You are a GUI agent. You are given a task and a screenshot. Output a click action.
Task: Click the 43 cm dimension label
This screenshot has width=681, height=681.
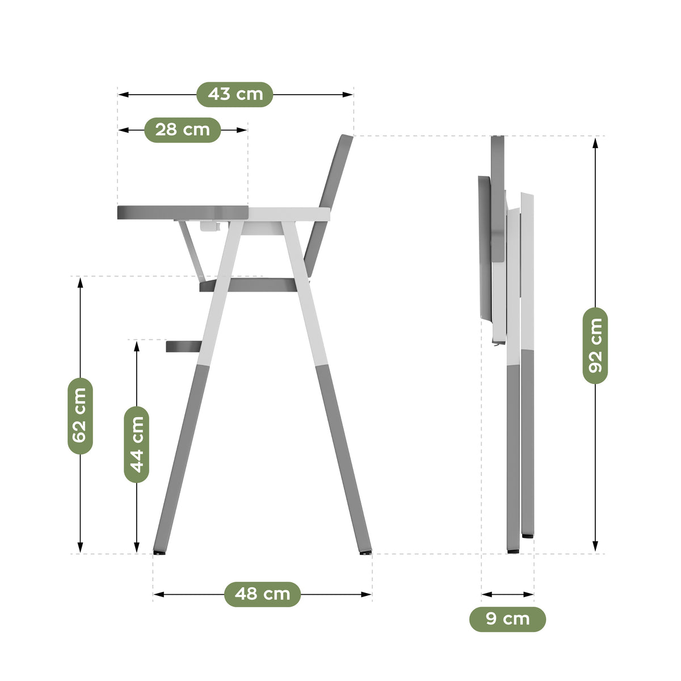pyautogui.click(x=234, y=94)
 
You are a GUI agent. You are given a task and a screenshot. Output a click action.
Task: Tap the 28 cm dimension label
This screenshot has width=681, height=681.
pyautogui.click(x=182, y=130)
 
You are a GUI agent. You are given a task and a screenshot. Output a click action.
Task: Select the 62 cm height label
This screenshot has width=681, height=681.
pyautogui.click(x=80, y=415)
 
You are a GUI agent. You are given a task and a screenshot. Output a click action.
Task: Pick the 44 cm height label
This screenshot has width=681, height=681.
pyautogui.click(x=136, y=444)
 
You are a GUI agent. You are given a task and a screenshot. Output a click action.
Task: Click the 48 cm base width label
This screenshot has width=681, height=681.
pyautogui.click(x=262, y=594)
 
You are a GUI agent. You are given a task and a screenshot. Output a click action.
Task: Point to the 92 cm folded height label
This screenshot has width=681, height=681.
pyautogui.click(x=595, y=346)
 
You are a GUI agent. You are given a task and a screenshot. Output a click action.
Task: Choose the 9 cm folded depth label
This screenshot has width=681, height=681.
pyautogui.click(x=507, y=619)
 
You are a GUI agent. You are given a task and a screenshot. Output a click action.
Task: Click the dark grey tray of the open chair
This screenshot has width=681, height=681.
pyautogui.click(x=183, y=212)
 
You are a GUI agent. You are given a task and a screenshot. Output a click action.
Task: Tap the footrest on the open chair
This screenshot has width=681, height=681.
pyautogui.click(x=184, y=346)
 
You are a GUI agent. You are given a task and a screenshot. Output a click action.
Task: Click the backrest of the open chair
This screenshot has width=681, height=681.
pyautogui.click(x=329, y=205)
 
